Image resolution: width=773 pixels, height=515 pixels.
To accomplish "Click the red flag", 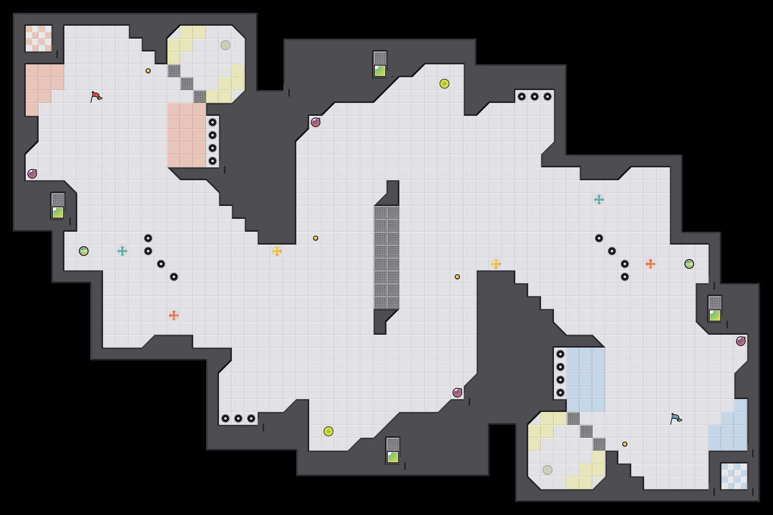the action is [x=96, y=97].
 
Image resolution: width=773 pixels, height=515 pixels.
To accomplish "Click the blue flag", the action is [x=676, y=419].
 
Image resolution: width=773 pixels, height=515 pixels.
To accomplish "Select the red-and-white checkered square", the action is [x=39, y=38].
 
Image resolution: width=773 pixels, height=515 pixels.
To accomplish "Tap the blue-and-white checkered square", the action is [x=734, y=476].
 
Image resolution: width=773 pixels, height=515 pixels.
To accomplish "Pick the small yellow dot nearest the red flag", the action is [x=148, y=71].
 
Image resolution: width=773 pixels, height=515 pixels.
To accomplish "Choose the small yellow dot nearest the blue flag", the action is [x=625, y=445].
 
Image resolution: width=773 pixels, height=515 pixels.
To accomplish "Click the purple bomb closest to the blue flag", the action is [x=740, y=341].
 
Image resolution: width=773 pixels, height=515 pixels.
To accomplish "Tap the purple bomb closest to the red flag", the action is [x=32, y=174].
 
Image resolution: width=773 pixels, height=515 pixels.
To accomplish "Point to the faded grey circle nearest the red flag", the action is [x=225, y=45].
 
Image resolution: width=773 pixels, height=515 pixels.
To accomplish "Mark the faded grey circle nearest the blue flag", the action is [x=547, y=470].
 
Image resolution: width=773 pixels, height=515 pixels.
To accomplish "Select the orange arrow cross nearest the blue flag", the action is [x=650, y=264].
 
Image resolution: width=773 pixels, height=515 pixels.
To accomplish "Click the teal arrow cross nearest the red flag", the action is [x=122, y=251].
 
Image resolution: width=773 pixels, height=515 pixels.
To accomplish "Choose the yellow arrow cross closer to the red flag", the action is [x=277, y=251].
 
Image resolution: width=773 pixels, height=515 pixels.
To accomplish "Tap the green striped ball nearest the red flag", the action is [x=84, y=251].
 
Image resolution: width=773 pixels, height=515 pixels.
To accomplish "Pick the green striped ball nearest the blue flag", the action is [x=689, y=264].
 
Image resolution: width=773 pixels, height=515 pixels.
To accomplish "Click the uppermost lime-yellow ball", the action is [x=444, y=84].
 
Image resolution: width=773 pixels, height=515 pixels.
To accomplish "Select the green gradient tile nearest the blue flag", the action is [x=715, y=316].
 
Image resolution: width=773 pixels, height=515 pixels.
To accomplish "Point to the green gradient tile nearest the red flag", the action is [x=58, y=212].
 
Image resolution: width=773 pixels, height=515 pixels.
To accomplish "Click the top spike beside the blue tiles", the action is [x=560, y=354].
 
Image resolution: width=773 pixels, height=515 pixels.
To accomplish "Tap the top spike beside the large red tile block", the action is [x=213, y=123].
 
